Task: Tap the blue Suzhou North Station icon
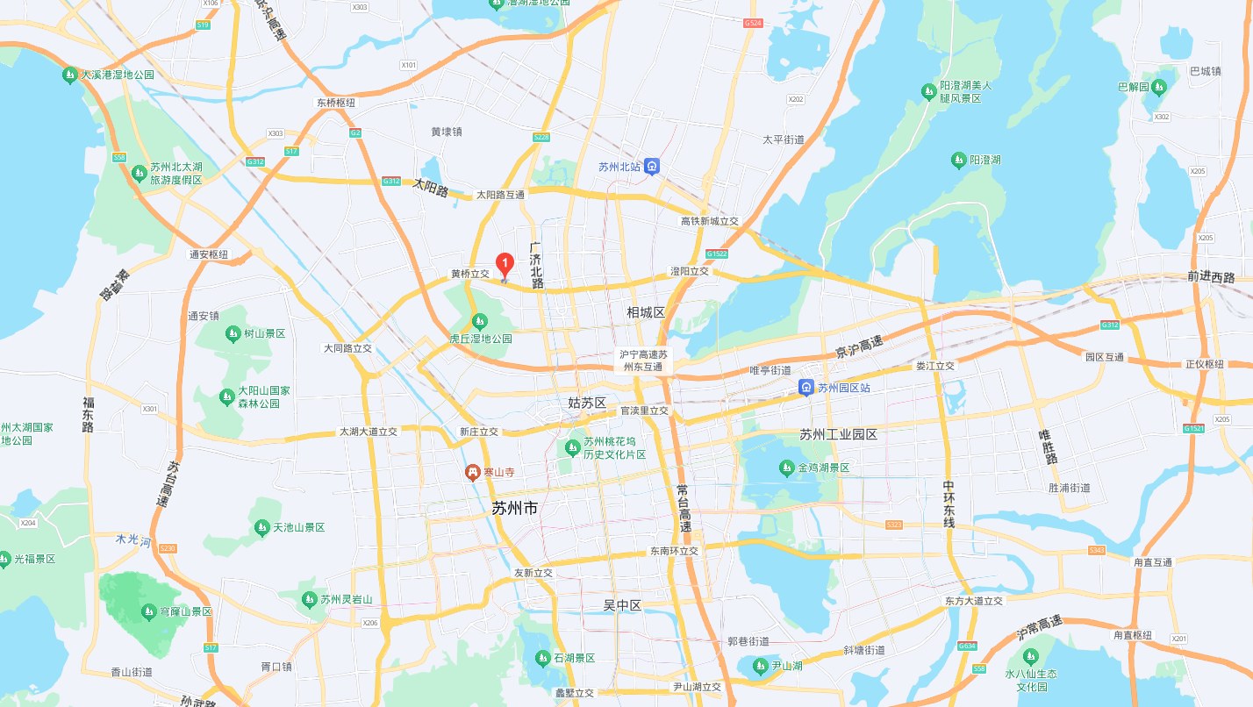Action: click(652, 166)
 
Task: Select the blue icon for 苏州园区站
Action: click(805, 388)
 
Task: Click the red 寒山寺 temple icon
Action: click(473, 472)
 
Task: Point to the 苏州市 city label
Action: click(515, 509)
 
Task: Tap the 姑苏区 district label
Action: click(587, 403)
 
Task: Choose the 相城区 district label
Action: click(646, 312)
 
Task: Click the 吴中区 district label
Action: click(623, 605)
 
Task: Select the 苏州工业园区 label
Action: click(838, 434)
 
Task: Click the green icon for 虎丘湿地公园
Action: click(479, 322)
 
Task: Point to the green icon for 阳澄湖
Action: click(958, 160)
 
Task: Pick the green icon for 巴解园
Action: click(1158, 87)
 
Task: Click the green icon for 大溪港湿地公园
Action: click(69, 75)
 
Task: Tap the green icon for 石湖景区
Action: click(541, 658)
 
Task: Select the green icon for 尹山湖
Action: click(760, 666)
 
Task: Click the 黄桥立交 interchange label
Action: click(469, 274)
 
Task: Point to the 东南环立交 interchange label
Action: click(674, 551)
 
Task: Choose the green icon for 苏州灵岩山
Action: click(309, 599)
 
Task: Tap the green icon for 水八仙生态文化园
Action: click(1030, 656)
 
